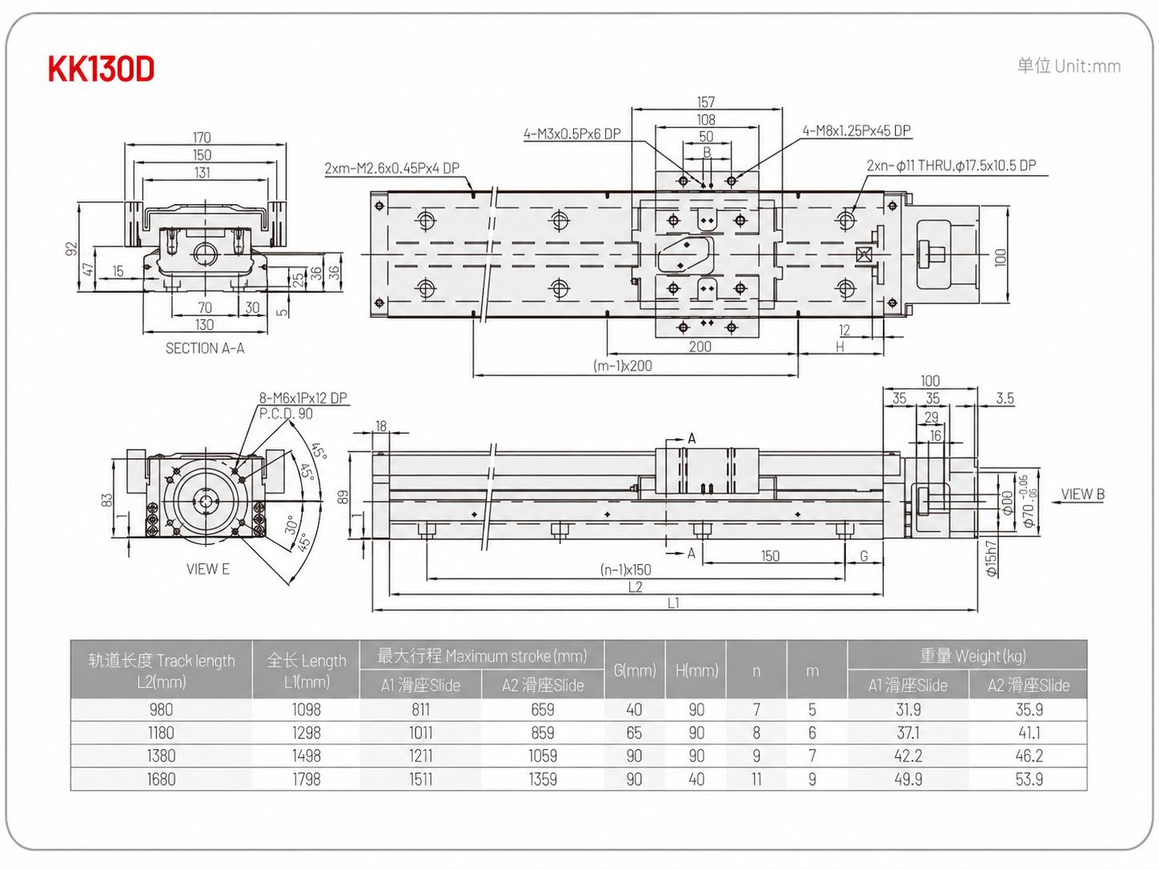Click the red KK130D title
point(101,69)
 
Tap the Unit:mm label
point(1088,66)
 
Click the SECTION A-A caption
point(205,348)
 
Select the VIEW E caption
point(208,569)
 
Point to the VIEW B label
point(1083,494)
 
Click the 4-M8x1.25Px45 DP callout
point(856,131)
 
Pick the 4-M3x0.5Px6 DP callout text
point(571,134)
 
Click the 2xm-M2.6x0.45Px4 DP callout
point(391,168)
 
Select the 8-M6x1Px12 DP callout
point(303,398)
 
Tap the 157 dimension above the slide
point(706,102)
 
